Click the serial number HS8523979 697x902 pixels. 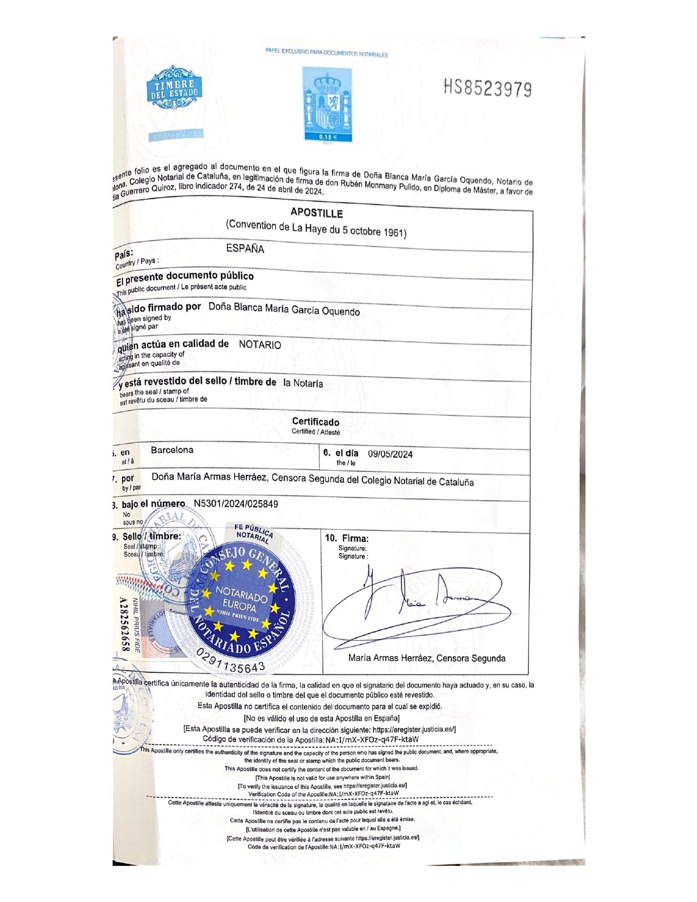(x=488, y=88)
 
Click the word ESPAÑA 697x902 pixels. (x=245, y=249)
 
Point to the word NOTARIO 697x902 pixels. (x=260, y=345)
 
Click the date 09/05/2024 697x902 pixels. (x=390, y=454)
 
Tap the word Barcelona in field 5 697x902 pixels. (x=172, y=450)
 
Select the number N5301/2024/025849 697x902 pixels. (x=236, y=503)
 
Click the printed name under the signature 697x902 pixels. (x=426, y=658)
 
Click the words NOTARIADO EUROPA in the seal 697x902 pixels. (x=242, y=598)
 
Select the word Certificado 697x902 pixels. (x=315, y=421)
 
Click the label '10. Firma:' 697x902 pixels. (x=347, y=538)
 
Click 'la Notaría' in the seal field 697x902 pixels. (x=303, y=383)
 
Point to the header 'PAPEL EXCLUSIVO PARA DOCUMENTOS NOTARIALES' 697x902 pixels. (x=326, y=54)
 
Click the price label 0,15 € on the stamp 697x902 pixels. (x=326, y=137)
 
